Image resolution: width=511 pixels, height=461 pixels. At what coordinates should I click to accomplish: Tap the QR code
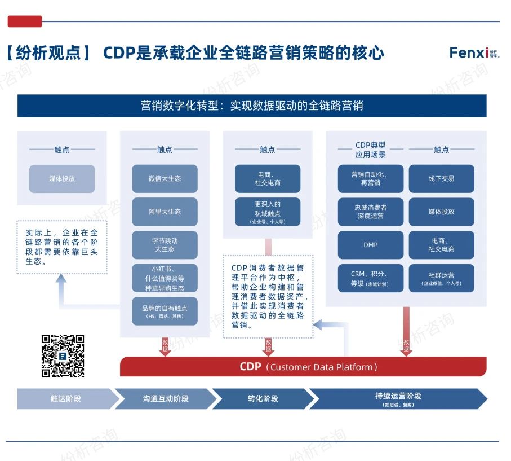coord(63,356)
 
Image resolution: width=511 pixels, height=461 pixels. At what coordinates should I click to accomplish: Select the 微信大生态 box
coord(165,179)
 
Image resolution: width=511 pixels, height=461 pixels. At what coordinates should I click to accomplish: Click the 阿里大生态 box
coord(165,212)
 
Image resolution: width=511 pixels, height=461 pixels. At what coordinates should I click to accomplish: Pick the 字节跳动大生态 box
coord(165,245)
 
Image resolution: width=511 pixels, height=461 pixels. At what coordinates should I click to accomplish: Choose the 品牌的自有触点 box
coord(165,311)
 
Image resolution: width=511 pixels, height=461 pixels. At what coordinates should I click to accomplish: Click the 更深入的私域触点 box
coord(268,212)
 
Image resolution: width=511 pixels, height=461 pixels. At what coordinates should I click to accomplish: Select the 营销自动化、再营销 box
coord(370,179)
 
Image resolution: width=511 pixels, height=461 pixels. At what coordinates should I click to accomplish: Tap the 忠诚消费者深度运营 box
coord(370,212)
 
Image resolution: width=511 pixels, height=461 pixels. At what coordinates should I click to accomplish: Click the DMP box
coord(370,245)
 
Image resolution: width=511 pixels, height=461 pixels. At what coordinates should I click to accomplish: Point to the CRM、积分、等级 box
coord(370,278)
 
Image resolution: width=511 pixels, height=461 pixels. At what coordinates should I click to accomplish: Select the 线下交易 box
coord(441,179)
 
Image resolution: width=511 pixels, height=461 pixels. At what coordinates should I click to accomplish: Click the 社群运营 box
coord(441,278)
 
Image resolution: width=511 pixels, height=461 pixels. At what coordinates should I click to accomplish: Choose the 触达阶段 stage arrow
coord(65,398)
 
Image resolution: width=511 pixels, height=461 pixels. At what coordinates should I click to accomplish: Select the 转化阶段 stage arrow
coord(263,398)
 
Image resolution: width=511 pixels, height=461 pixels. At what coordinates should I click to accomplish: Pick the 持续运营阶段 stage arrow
coord(398,398)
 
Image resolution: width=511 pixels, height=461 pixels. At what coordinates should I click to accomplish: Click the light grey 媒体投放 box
coord(62,179)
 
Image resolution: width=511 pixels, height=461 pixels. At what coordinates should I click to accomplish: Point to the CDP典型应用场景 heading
coord(370,150)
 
